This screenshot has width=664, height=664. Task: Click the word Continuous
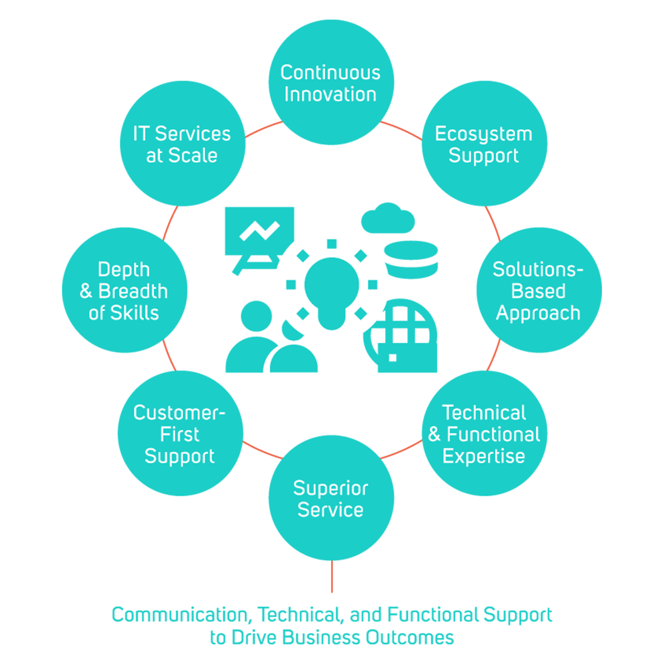[330, 73]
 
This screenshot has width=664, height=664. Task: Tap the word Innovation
[330, 95]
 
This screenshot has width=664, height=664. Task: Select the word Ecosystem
[483, 134]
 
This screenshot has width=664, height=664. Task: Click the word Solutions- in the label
[538, 270]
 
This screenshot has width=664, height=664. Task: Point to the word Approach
[538, 313]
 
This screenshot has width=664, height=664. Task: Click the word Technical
[484, 412]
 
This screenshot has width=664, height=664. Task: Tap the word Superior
[330, 488]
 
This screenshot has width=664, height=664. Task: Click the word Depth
[124, 270]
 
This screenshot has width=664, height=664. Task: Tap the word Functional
[493, 434]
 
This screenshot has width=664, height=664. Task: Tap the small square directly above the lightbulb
[332, 244]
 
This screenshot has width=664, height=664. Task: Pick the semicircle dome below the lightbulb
[294, 360]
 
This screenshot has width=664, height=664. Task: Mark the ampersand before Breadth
[86, 291]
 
